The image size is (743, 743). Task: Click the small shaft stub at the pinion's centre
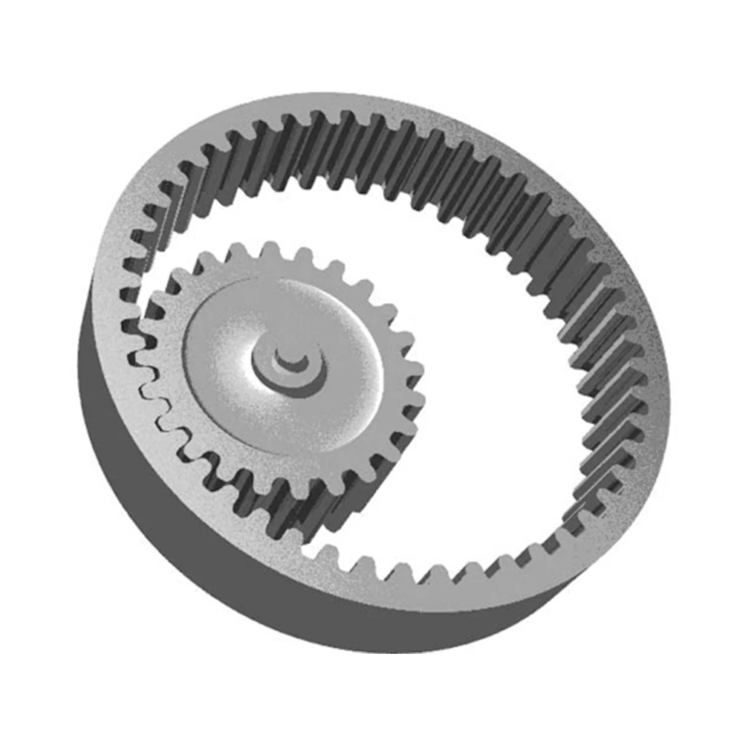coord(291,359)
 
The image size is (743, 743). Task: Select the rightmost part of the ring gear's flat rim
coord(658,371)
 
